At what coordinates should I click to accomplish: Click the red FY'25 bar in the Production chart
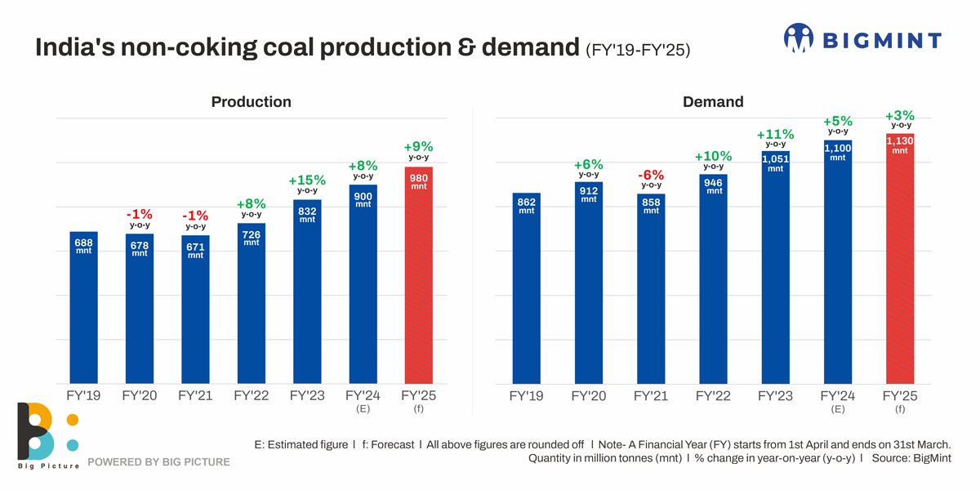pos(418,278)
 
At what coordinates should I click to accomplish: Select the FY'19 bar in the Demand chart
pos(527,294)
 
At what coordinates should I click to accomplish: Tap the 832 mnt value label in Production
pos(307,215)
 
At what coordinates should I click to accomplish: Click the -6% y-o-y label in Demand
pos(651,179)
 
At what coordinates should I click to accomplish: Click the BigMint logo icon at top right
pos(799,38)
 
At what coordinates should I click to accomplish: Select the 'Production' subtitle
pos(251,102)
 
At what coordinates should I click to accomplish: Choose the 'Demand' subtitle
pos(713,102)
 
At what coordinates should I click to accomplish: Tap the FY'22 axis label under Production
pos(252,395)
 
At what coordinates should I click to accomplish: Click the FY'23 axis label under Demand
pos(775,395)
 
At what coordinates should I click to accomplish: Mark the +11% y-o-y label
pos(775,138)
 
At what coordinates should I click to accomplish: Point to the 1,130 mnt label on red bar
pos(899,145)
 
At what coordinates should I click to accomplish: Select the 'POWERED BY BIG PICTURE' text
pos(158,462)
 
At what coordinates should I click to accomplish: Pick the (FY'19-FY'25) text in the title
pos(638,50)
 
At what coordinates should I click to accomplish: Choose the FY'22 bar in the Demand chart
pos(713,282)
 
